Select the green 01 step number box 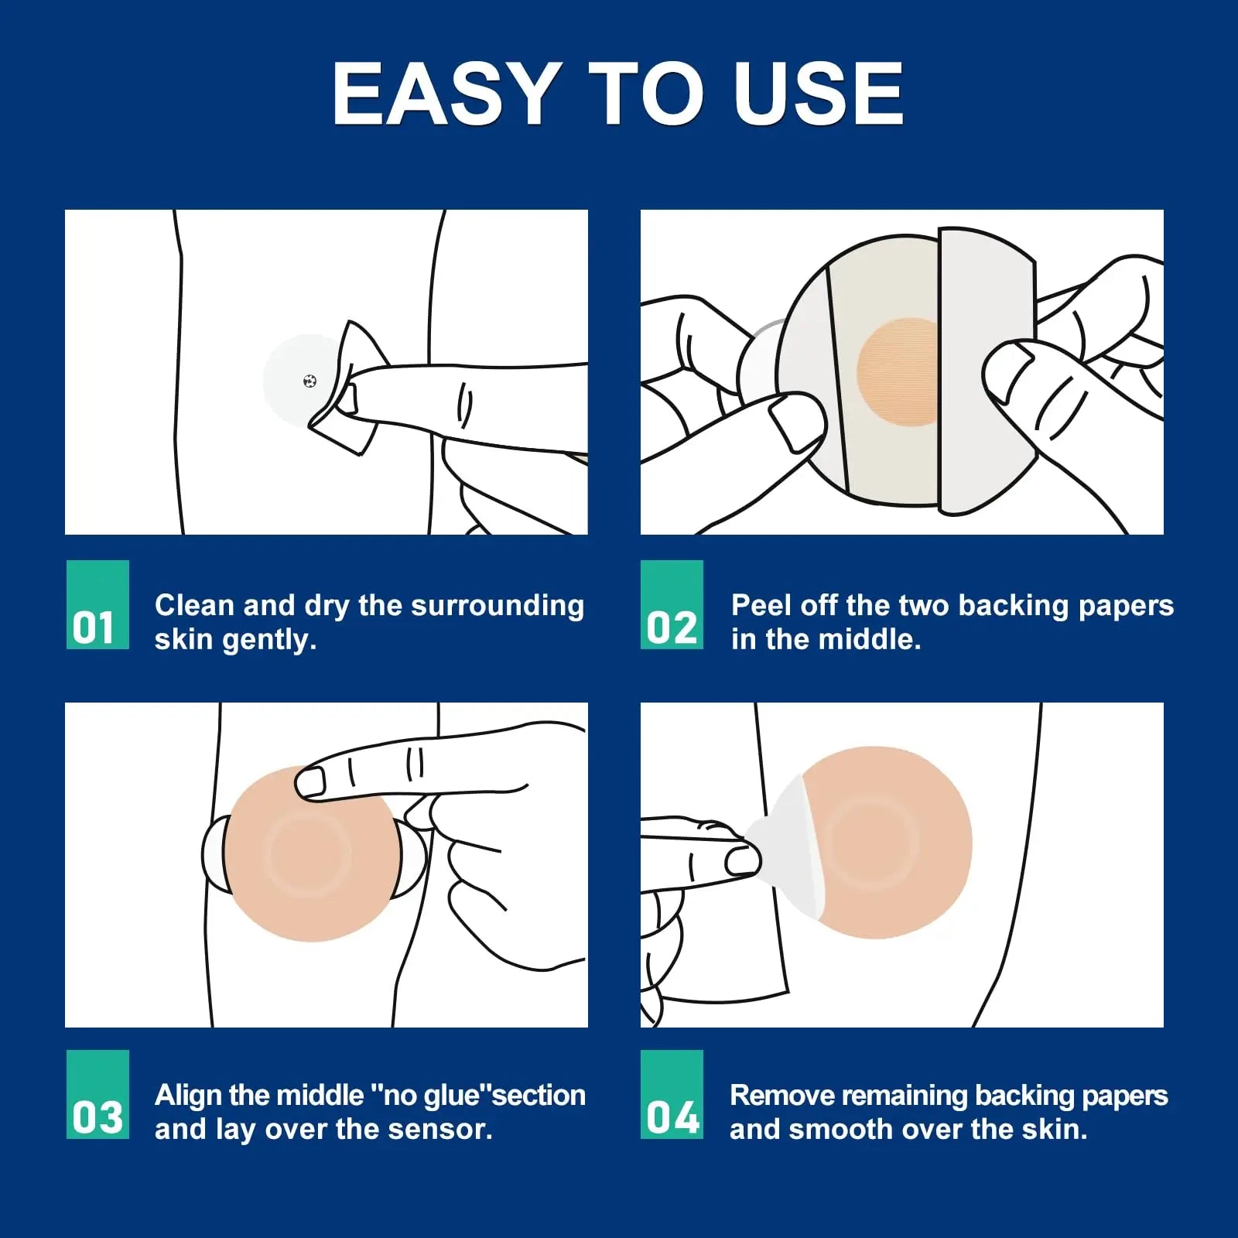(97, 604)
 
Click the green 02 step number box (672, 604)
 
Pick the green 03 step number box (97, 1094)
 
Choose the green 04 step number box (672, 1094)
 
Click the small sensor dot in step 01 (309, 381)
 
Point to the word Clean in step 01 (193, 605)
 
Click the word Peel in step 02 (761, 605)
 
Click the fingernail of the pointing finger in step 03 (311, 782)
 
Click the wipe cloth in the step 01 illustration (352, 387)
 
